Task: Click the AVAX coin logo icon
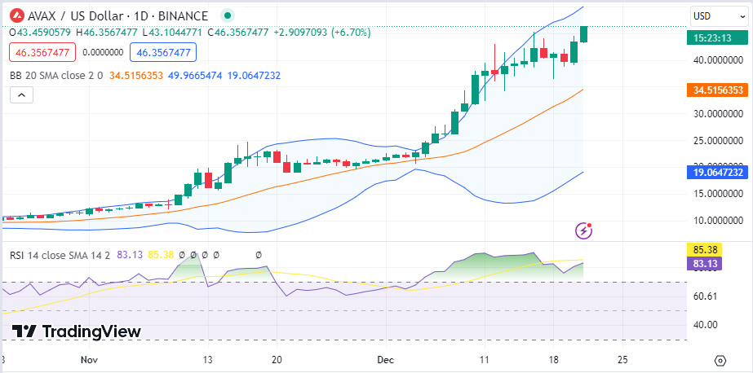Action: pyautogui.click(x=16, y=15)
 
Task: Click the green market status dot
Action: pyautogui.click(x=227, y=15)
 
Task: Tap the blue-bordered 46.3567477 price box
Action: pyautogui.click(x=163, y=52)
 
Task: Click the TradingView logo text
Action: pyautogui.click(x=77, y=331)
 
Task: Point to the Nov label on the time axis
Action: pyautogui.click(x=90, y=358)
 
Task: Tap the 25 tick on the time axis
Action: pyautogui.click(x=623, y=358)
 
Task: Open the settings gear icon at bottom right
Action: pyautogui.click(x=720, y=360)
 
